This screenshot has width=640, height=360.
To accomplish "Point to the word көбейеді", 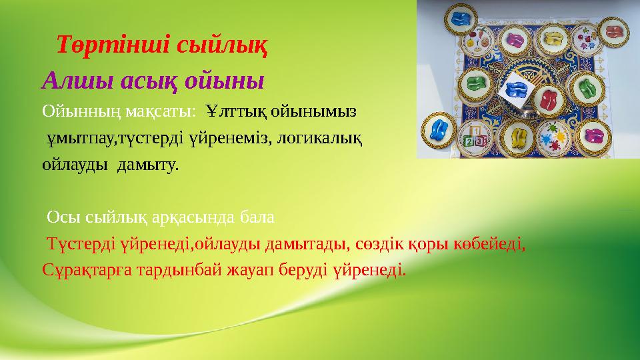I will click(491, 245).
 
